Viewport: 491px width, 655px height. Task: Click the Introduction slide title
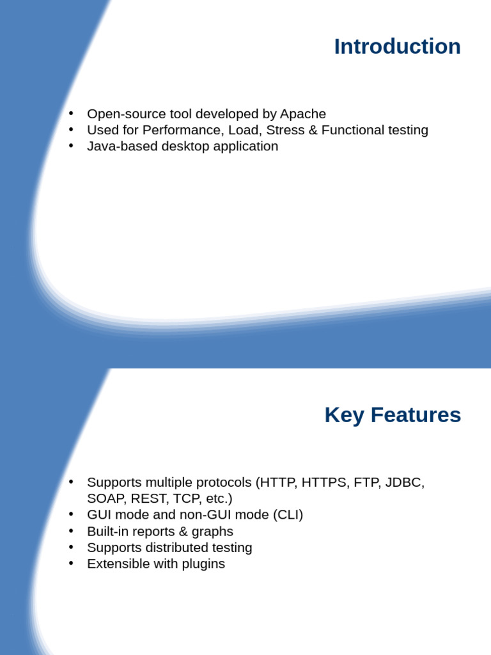(397, 47)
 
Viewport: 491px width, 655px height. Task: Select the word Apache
(303, 114)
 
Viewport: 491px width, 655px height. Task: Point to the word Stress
(284, 130)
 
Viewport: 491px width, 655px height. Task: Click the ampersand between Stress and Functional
(313, 130)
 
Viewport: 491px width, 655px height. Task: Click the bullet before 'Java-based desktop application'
(72, 145)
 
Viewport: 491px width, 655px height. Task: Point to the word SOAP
(106, 498)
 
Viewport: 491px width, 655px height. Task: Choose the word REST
(148, 498)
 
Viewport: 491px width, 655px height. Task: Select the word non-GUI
(210, 514)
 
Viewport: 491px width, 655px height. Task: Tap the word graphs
(213, 532)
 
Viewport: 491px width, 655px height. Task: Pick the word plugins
(203, 564)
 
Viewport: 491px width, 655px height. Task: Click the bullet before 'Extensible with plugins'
(72, 563)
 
